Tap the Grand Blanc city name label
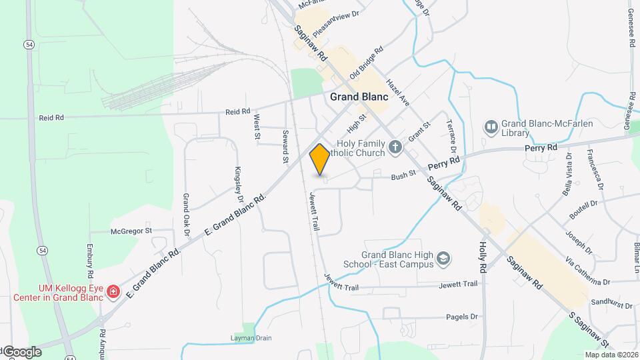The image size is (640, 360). point(359,97)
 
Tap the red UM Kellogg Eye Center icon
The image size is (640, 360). point(113,291)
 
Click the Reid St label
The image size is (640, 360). point(237,111)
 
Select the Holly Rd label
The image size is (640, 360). point(482,256)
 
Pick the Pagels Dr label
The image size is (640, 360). point(463,317)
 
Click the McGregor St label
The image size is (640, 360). point(131,231)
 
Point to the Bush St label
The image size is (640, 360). point(403,177)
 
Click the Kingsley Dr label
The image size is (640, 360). point(239,185)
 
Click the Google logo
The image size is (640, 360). point(21,352)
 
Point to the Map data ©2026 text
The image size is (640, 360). point(611,355)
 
